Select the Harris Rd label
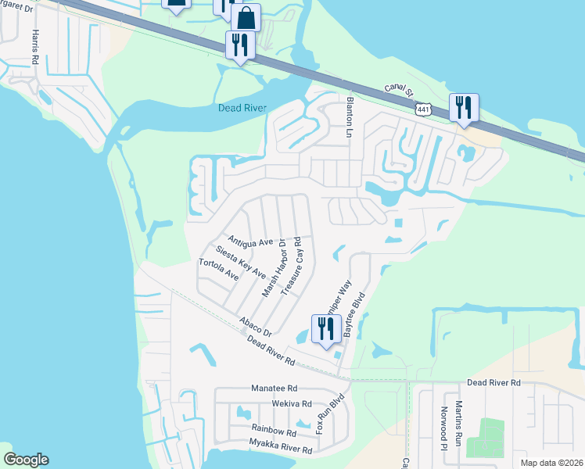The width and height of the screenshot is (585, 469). point(35,48)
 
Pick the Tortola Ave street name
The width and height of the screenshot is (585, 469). point(218,270)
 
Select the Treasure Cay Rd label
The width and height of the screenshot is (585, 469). point(291,267)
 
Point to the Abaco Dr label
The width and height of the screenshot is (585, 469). point(256,326)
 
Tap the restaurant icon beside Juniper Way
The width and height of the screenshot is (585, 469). point(323,329)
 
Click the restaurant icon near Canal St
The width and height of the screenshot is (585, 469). point(464,108)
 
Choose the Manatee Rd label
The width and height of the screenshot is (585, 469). point(275,388)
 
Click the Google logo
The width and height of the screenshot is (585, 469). point(26,460)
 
